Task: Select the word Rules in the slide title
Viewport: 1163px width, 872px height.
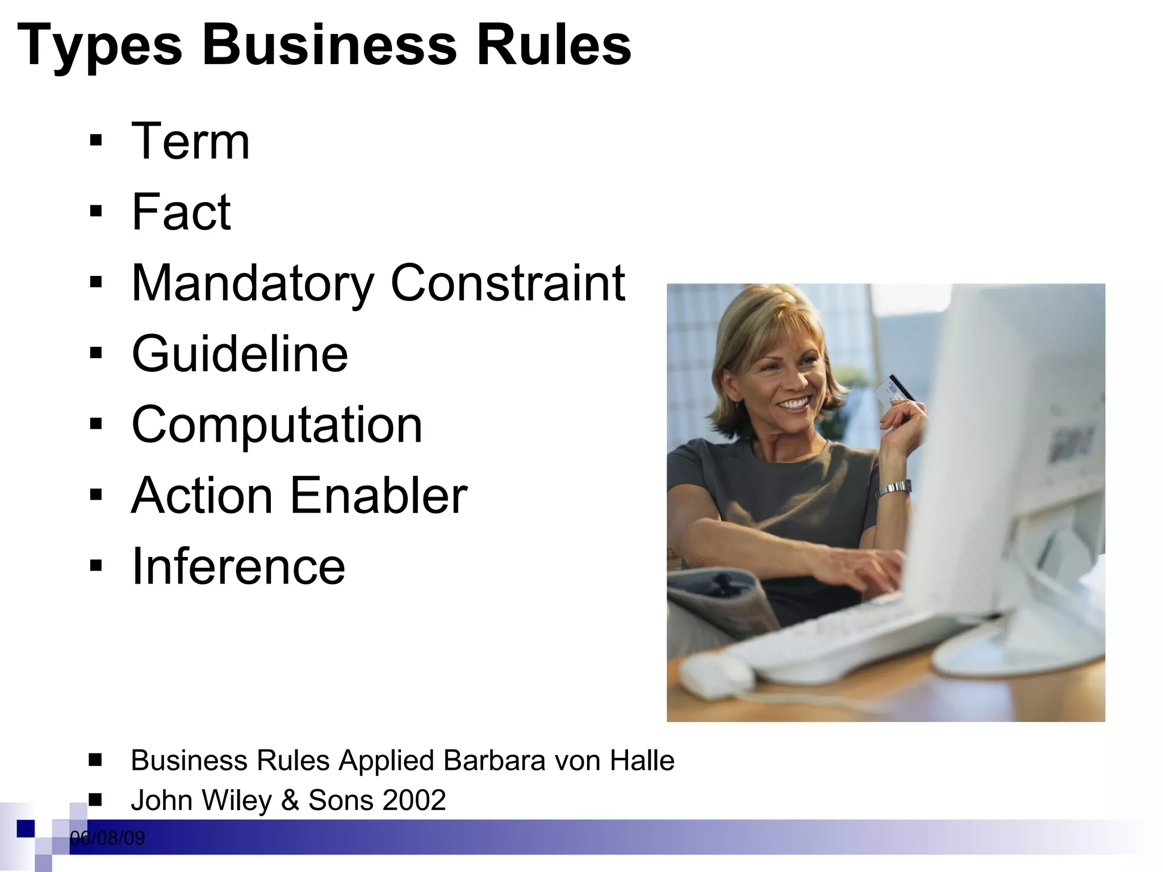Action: click(554, 45)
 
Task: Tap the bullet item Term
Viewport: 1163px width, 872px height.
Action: click(190, 141)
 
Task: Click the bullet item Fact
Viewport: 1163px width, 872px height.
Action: click(181, 212)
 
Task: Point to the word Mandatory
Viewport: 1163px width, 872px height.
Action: click(252, 284)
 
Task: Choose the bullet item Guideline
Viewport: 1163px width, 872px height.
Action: click(240, 354)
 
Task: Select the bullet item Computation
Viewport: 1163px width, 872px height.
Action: click(277, 425)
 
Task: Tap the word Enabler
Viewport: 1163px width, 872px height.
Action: click(379, 496)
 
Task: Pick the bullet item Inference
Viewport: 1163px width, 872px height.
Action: click(239, 566)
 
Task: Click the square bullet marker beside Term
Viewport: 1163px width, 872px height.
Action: click(96, 141)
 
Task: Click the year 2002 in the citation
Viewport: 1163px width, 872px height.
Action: click(414, 800)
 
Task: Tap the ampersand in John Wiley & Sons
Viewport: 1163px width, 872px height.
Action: click(290, 800)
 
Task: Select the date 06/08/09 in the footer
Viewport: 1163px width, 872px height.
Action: click(107, 838)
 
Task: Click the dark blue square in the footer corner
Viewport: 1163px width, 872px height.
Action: click(26, 829)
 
